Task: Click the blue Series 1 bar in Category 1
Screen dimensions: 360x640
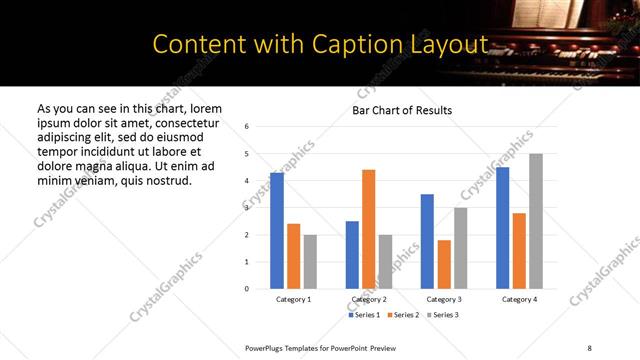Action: coord(277,231)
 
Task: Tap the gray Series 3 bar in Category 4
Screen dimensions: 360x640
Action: coord(535,221)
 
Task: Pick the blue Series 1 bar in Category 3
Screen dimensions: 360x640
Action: coord(427,241)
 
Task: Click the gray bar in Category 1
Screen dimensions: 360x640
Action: coord(310,262)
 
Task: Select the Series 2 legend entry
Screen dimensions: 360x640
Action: coord(403,315)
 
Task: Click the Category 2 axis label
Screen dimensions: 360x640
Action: coord(368,299)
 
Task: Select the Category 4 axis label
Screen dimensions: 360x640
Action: coord(519,299)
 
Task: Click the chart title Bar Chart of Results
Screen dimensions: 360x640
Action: coord(402,110)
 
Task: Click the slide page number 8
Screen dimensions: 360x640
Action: coord(588,348)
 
